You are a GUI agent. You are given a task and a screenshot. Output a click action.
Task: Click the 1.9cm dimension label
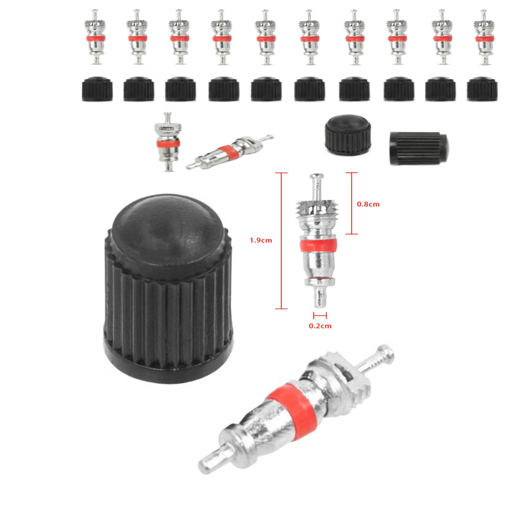pos(261,240)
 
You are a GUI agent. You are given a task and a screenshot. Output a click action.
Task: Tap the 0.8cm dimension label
pos(368,204)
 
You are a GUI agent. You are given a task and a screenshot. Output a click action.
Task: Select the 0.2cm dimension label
pos(320,326)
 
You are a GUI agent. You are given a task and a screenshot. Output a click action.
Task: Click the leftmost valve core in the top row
pos(95,37)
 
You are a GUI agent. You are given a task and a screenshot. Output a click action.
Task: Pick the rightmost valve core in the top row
pos(484,37)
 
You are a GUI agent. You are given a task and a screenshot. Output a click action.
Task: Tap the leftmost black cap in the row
pos(98,89)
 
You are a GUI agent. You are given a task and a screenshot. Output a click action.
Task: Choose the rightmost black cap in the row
pos(482,89)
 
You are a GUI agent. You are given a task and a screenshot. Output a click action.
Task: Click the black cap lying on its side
pos(419,149)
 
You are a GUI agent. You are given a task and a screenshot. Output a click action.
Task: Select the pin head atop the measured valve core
pos(317,177)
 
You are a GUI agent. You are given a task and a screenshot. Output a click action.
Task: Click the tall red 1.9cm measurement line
pos(281,241)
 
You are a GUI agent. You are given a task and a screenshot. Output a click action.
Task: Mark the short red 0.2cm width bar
pos(320,316)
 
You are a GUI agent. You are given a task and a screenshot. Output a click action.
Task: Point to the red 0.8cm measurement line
pos(352,203)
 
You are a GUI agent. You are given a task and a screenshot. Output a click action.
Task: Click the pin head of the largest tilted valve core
pos(386,352)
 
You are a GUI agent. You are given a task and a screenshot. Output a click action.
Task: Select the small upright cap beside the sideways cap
pos(347,135)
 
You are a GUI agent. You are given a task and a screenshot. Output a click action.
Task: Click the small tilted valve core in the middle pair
pos(229,152)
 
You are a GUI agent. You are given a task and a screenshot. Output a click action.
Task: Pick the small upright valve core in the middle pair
pos(168,142)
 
